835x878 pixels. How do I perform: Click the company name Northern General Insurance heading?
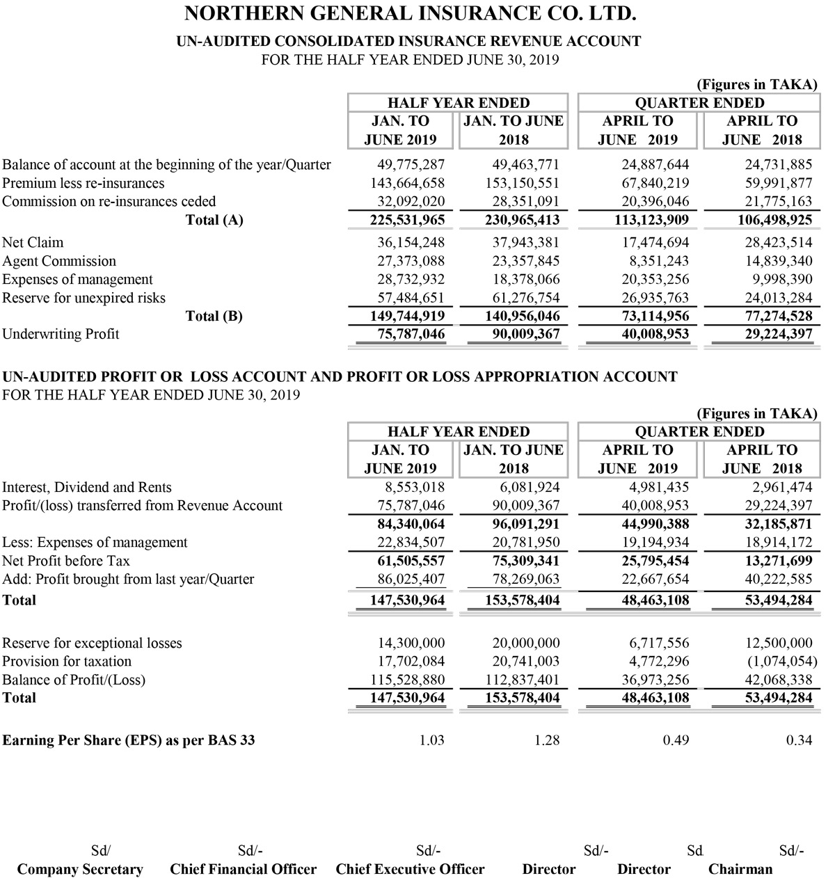tap(410, 14)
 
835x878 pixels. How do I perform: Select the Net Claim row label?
tap(33, 243)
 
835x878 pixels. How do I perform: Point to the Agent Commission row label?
tap(59, 261)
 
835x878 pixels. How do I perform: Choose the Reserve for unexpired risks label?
tap(83, 298)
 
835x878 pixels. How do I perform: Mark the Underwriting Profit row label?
tap(61, 334)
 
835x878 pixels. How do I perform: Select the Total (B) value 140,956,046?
tap(522, 317)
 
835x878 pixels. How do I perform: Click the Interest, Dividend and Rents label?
tap(87, 487)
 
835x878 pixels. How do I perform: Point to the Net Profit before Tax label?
tap(66, 561)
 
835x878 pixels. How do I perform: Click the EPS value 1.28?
tap(547, 740)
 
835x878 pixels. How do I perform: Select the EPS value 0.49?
tap(676, 740)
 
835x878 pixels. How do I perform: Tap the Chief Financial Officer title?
tap(243, 869)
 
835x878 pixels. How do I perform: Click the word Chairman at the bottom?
tap(740, 869)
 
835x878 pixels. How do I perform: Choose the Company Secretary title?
tap(80, 869)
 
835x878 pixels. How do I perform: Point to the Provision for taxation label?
tap(67, 661)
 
